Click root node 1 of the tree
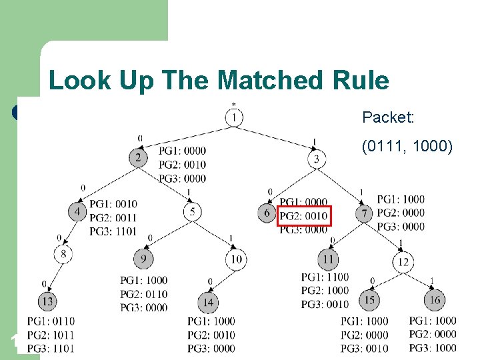(234, 118)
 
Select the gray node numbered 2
(138, 158)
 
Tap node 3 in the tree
(317, 159)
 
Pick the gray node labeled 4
(77, 212)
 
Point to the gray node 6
(267, 213)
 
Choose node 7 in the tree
(365, 213)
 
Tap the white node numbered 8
(63, 253)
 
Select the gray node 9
(143, 259)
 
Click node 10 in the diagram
(236, 259)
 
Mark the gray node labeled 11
(328, 259)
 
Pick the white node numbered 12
(403, 262)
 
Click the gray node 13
(47, 301)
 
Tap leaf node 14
(209, 302)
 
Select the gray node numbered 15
(369, 300)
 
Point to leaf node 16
(434, 300)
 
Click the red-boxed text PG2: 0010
(303, 216)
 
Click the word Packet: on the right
(388, 118)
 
